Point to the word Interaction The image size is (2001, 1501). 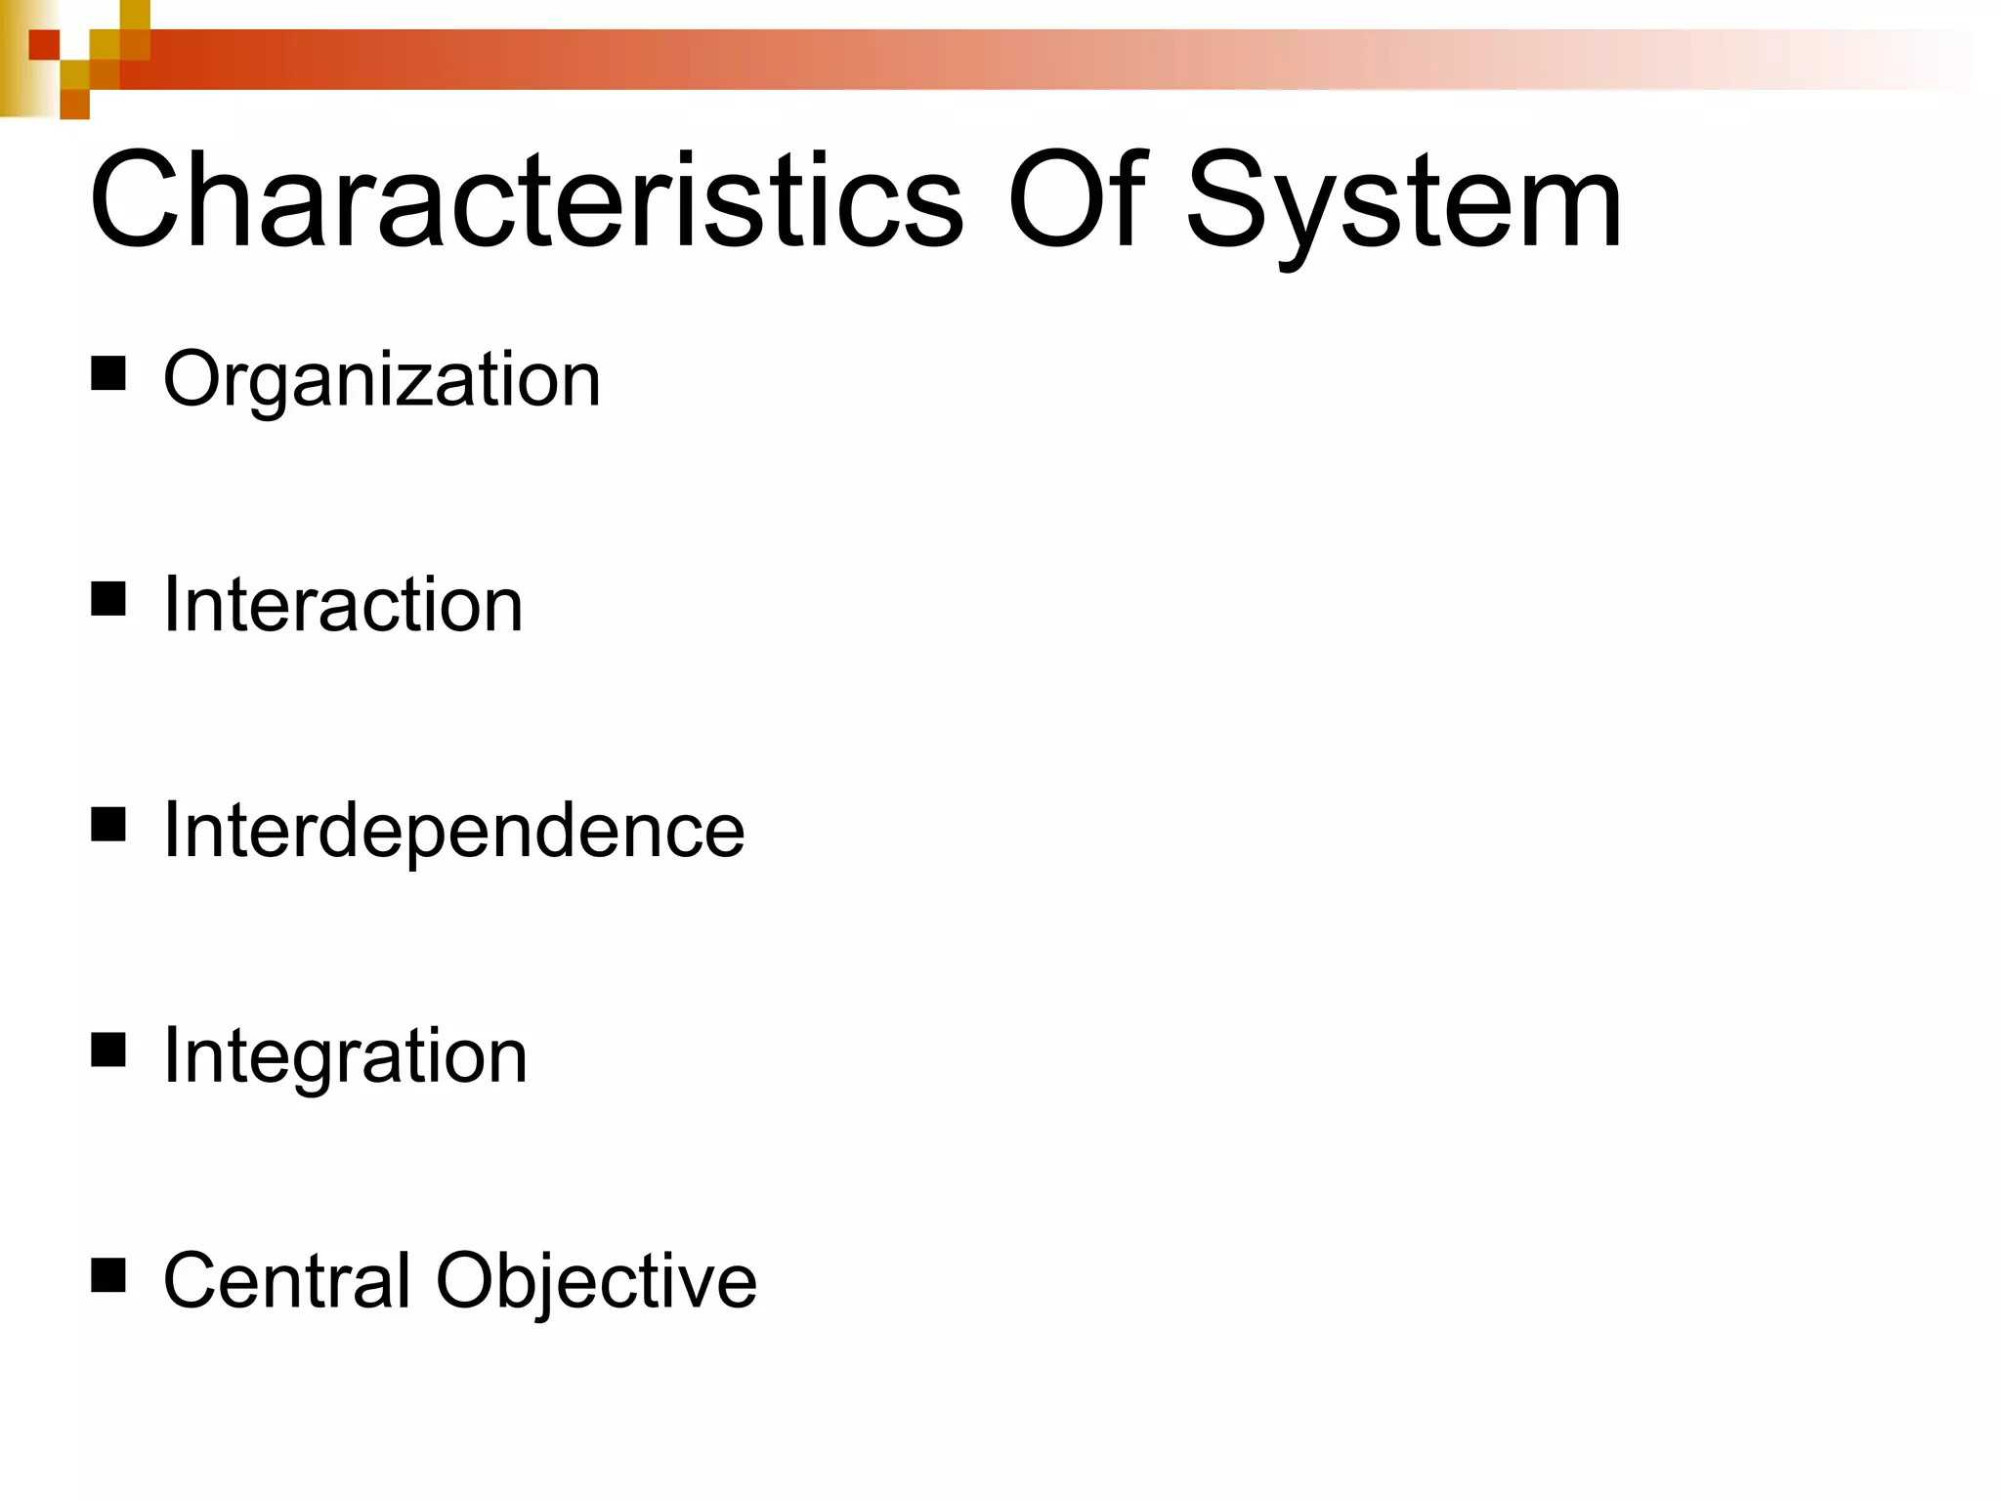[343, 605]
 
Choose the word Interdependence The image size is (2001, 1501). [453, 831]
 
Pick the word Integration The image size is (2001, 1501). [345, 1056]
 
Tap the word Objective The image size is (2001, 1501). [596, 1282]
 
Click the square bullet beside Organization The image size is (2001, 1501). [108, 373]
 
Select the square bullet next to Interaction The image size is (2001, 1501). [108, 599]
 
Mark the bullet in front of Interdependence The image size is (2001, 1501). [108, 824]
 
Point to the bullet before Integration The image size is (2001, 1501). [108, 1051]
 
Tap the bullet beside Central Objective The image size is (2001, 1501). [108, 1275]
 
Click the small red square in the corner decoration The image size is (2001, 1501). [44, 45]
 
